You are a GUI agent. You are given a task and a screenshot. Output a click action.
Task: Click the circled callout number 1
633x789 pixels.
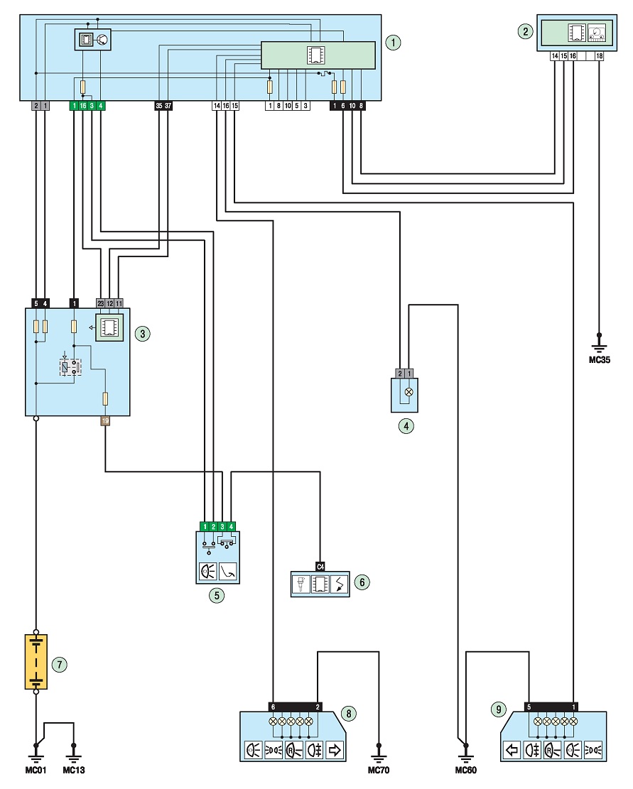[393, 43]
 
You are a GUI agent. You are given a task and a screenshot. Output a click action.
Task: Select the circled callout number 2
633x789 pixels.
[525, 32]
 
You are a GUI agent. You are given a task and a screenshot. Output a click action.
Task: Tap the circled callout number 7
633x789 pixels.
[60, 665]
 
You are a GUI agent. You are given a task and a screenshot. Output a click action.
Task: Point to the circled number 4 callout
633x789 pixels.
[406, 426]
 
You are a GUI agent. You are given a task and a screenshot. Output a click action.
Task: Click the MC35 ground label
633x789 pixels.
[600, 360]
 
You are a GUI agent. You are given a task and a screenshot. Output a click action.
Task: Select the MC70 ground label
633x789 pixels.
[379, 771]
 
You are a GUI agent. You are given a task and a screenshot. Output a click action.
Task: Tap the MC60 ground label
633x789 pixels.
[465, 771]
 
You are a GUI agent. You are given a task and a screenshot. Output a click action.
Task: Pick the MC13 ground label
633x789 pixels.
[73, 771]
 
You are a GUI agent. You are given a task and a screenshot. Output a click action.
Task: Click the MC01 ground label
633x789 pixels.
[36, 771]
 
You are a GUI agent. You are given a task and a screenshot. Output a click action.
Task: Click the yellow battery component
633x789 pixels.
[36, 662]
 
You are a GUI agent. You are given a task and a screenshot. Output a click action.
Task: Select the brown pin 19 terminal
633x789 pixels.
[105, 420]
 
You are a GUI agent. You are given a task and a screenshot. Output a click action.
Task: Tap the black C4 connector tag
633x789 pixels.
[320, 567]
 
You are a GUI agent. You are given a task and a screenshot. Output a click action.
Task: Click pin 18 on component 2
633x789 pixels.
[599, 56]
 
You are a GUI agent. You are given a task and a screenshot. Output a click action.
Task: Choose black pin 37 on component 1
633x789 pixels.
[168, 106]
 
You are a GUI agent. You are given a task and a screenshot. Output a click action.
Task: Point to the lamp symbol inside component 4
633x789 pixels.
[409, 391]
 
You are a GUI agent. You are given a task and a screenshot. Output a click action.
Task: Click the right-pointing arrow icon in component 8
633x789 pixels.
[334, 750]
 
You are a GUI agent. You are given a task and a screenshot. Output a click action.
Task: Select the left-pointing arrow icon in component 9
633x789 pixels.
[512, 750]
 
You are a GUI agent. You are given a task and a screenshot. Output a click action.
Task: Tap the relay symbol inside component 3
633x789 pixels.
[70, 366]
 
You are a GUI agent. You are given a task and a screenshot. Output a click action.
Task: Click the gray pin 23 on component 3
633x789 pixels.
[101, 303]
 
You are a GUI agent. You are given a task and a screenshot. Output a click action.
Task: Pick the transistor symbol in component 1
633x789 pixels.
[102, 39]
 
